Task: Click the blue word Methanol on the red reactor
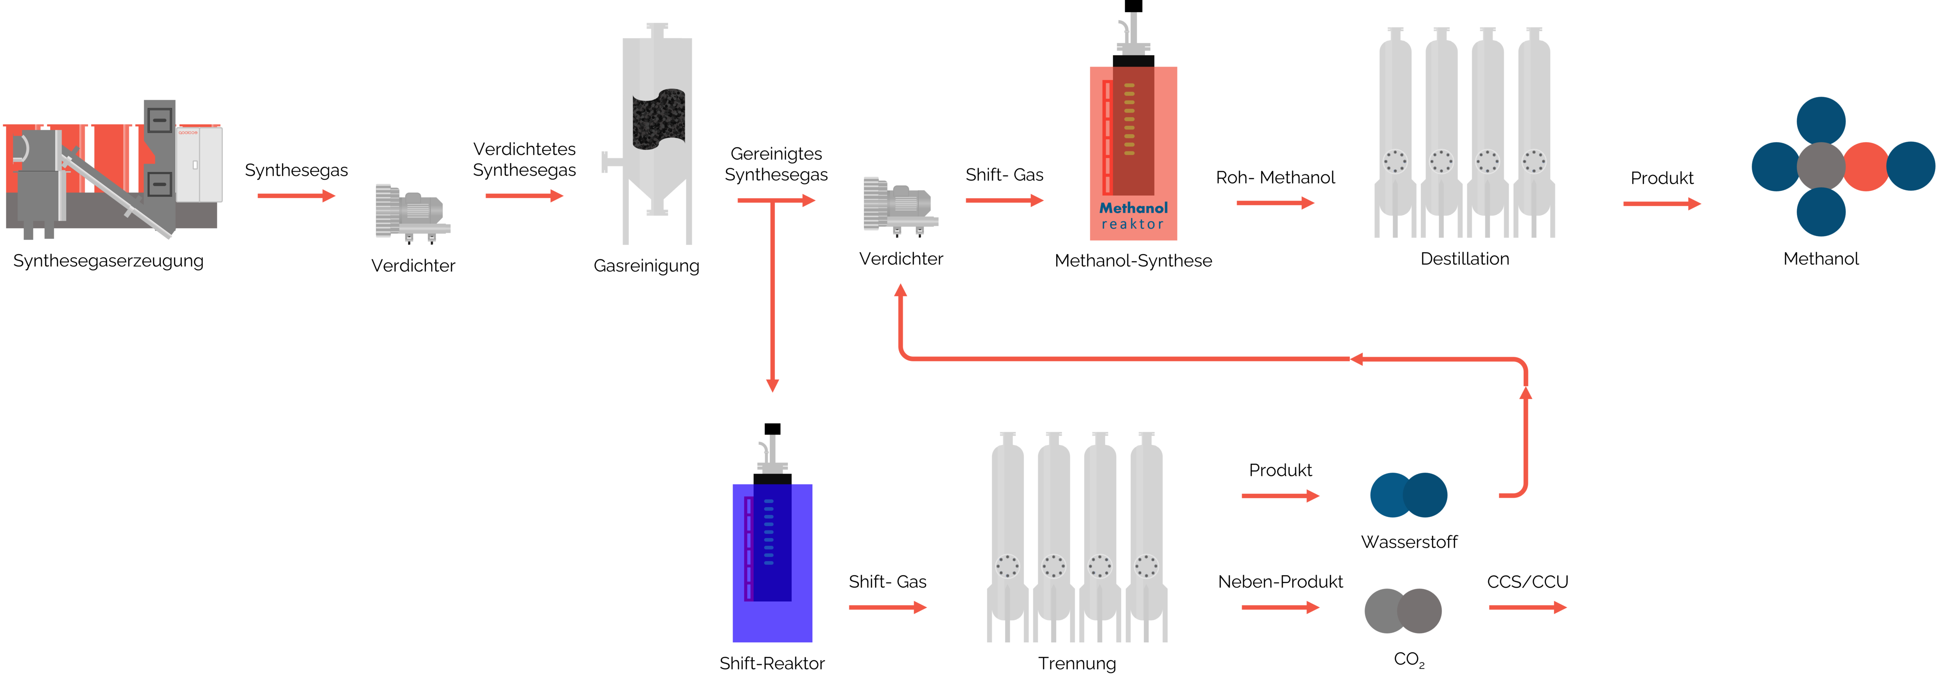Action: (1133, 207)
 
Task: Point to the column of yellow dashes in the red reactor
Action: (1130, 117)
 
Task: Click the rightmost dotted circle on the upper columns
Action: (1533, 162)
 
